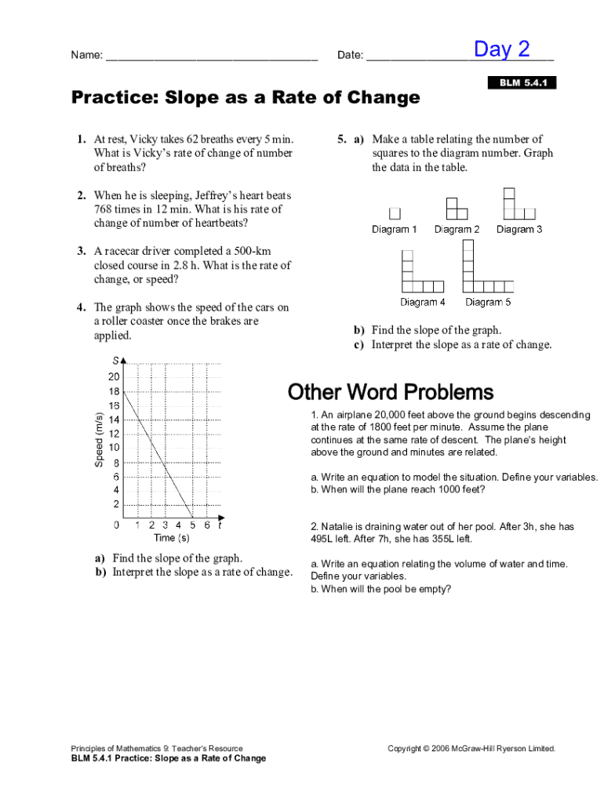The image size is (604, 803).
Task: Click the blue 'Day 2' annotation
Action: click(501, 49)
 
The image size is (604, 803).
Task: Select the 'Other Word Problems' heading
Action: click(390, 391)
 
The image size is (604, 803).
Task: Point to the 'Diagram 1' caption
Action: click(394, 230)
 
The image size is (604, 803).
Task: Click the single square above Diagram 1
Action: click(395, 213)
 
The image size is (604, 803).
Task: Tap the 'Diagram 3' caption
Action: click(519, 230)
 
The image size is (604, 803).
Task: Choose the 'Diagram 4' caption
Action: click(422, 302)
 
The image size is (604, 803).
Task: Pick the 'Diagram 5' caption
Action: click(488, 302)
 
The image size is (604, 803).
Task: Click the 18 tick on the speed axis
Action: click(114, 391)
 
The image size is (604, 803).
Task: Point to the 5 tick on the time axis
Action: click(192, 525)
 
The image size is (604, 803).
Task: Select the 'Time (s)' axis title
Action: click(171, 538)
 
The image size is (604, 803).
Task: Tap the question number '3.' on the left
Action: click(82, 252)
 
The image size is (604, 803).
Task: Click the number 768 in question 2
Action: click(104, 209)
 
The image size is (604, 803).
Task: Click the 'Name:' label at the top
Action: click(86, 55)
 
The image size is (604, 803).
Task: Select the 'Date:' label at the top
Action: click(350, 55)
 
